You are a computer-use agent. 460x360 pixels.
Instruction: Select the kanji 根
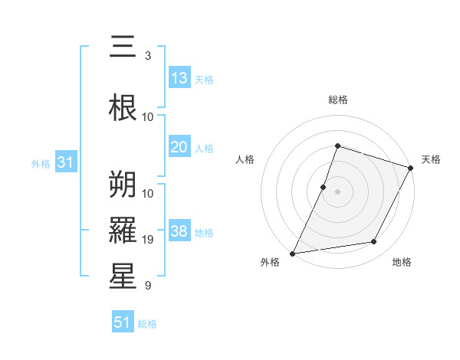pos(123,107)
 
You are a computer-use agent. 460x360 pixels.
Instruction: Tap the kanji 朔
pos(123,185)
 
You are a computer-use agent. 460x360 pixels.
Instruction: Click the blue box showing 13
pos(179,78)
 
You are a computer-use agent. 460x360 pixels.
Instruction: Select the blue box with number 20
pos(179,147)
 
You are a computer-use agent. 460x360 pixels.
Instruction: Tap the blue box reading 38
pos(179,231)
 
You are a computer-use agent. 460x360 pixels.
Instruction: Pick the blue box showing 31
pos(65,162)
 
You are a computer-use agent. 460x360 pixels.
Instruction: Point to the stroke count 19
pos(148,240)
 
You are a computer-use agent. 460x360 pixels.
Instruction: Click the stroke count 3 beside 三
pos(148,56)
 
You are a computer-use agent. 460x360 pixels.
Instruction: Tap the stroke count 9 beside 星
pos(148,286)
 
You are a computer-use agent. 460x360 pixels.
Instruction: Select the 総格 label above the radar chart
pos(337,100)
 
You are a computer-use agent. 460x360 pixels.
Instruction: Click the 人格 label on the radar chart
pos(245,159)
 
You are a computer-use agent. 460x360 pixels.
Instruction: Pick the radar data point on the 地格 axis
pos(374,242)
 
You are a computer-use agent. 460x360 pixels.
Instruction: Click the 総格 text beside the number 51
pos(147,324)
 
